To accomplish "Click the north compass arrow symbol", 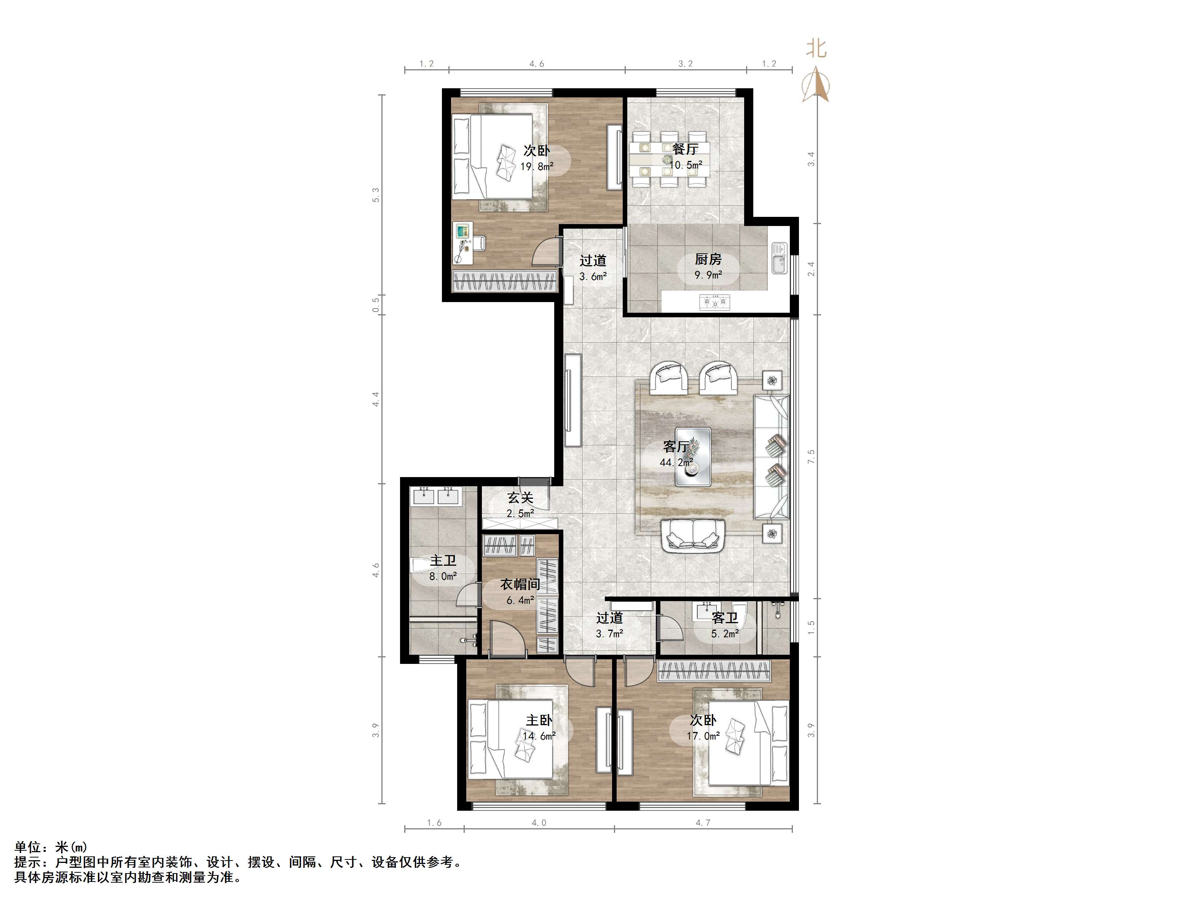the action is [816, 84].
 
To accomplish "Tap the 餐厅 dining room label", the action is [685, 148].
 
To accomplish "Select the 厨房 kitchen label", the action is [708, 259].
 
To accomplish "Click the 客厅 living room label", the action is [676, 447].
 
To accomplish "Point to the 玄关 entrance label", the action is [520, 498].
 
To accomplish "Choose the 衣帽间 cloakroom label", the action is [520, 584].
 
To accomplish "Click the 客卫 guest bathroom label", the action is [725, 618].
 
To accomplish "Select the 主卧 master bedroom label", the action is [539, 720].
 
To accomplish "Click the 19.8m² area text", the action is [537, 166].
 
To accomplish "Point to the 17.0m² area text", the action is [703, 736].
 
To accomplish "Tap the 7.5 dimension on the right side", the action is [812, 456].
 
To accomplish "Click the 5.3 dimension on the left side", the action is [376, 195].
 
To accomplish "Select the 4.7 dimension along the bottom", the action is [703, 823].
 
